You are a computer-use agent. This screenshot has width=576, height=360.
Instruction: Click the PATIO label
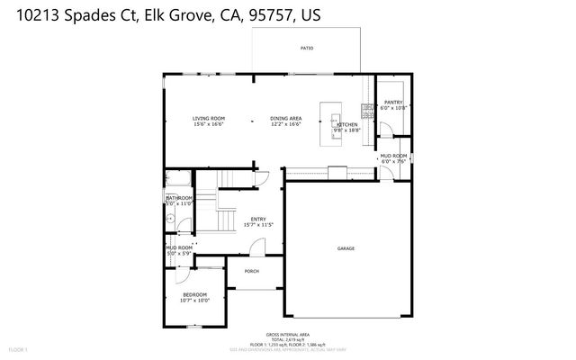pos(307,48)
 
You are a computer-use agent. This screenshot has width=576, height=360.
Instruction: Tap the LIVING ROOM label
pos(208,119)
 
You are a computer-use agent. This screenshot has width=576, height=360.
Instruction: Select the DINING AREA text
pos(286,119)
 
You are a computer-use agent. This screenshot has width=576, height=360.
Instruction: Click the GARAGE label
pos(346,247)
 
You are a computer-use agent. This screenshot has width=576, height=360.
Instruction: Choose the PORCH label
pos(252,271)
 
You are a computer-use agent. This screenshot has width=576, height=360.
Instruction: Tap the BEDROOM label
pos(194,294)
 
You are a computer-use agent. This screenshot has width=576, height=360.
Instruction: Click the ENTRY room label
pos(258,218)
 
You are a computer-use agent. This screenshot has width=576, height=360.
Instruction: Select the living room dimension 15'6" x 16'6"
pos(208,125)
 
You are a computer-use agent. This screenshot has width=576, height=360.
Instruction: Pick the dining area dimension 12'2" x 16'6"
pos(286,125)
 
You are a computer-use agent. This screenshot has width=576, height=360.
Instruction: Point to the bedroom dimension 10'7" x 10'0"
pos(194,301)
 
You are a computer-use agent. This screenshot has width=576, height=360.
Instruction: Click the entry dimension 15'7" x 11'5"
pos(258,224)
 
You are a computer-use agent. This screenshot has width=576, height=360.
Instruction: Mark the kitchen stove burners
pos(367,111)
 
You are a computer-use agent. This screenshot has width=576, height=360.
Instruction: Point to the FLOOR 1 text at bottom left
pos(19,348)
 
